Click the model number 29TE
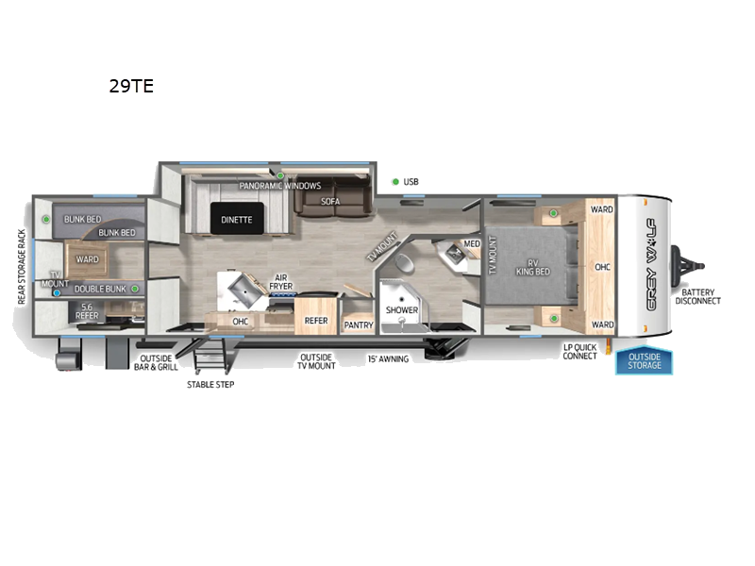(130, 87)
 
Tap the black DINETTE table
(237, 219)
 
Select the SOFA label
(329, 201)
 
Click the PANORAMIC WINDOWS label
(279, 186)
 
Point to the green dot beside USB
(394, 181)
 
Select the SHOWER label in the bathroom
(401, 309)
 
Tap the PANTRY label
(359, 325)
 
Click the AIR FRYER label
(280, 281)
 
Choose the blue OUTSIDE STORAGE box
(645, 361)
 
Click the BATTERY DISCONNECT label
(697, 296)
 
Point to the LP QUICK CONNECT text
(579, 351)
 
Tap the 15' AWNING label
(388, 358)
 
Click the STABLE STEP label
(210, 384)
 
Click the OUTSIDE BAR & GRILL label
(159, 363)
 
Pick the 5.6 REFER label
(88, 312)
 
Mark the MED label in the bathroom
(472, 244)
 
